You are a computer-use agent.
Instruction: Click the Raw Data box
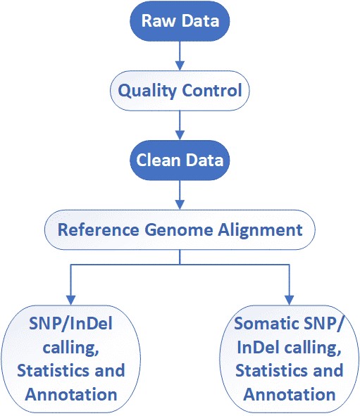[x=180, y=20]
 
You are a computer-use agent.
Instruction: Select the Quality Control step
[x=180, y=91]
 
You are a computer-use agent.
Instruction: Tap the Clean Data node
[x=180, y=160]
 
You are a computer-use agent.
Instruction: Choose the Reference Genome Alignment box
[x=180, y=229]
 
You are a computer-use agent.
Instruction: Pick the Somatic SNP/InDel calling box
[x=290, y=359]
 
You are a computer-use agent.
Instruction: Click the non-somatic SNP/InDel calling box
[x=70, y=359]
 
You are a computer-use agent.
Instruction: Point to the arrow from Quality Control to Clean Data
[x=180, y=125]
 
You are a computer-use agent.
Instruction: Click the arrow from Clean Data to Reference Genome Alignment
[x=180, y=194]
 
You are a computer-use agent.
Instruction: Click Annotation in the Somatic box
[x=290, y=393]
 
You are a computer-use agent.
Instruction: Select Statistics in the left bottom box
[x=54, y=370]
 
